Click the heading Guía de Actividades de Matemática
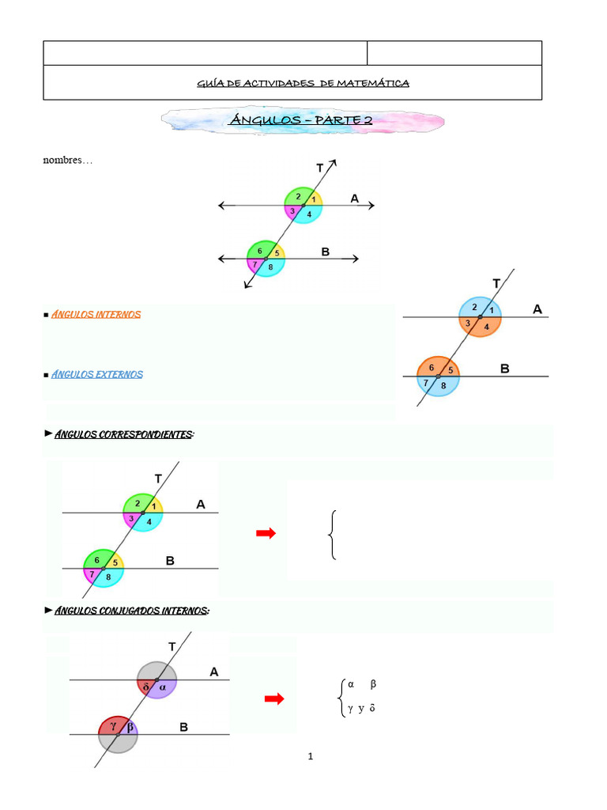(x=303, y=83)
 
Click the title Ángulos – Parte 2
(x=301, y=120)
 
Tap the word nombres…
(x=67, y=161)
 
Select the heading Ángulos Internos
(x=96, y=315)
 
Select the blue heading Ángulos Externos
(x=97, y=374)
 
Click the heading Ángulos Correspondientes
(x=124, y=435)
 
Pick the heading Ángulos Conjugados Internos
(x=131, y=611)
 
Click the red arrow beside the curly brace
(x=266, y=534)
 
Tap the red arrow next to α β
(x=273, y=698)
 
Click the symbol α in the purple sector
(x=163, y=687)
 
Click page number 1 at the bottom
(x=311, y=757)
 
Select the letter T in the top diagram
(x=320, y=168)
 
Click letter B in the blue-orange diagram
(x=505, y=369)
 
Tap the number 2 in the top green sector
(x=298, y=196)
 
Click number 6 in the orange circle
(x=432, y=367)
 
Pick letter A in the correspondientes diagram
(x=201, y=504)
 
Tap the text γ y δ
(x=360, y=709)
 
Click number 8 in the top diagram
(x=271, y=267)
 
